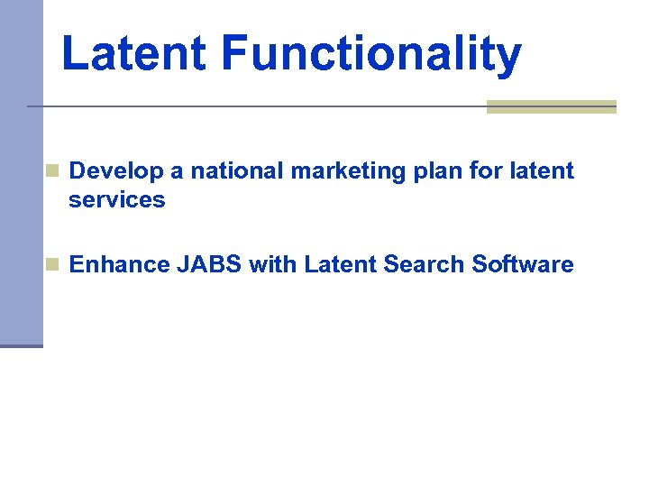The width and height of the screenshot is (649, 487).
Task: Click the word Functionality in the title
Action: point(370,53)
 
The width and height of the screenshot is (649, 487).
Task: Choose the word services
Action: point(117,199)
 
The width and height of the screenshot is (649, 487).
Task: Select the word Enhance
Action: point(119,264)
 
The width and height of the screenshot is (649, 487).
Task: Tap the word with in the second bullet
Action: point(273,264)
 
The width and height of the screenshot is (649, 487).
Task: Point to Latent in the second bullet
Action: point(340,264)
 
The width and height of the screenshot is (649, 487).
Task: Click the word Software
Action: point(523,264)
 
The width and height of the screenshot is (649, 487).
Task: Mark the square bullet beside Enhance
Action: point(53,264)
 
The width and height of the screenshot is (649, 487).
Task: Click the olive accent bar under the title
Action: point(551,106)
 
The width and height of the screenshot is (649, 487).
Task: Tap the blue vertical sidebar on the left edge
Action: point(21,171)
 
